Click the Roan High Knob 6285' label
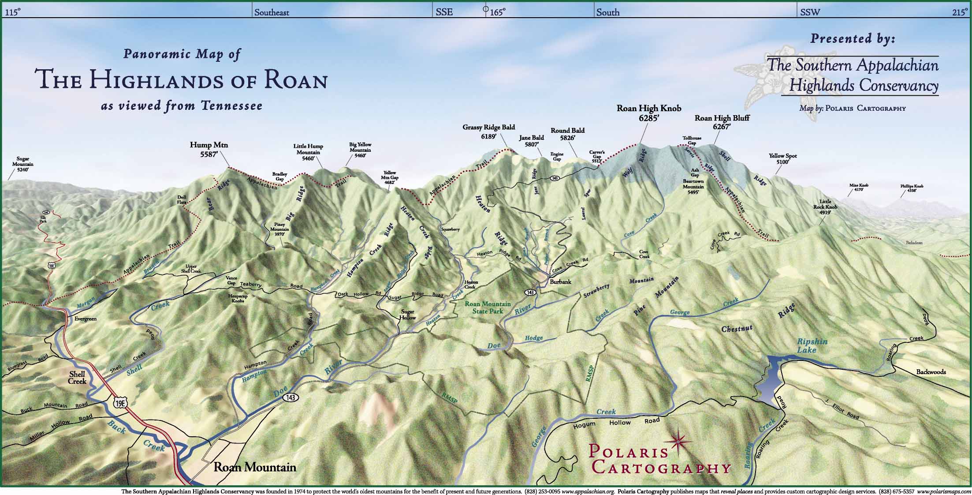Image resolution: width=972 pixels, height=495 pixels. tap(648, 113)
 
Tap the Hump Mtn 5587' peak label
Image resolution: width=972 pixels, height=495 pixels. tap(209, 149)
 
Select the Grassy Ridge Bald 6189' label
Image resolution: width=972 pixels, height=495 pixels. tap(488, 132)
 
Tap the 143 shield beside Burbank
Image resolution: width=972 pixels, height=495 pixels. tap(530, 292)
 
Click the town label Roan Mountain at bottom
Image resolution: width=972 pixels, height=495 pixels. tap(255, 467)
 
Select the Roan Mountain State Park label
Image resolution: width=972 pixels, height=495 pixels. tap(488, 307)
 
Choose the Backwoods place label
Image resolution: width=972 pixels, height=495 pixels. tap(931, 371)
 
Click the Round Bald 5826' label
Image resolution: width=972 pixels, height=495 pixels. tap(567, 134)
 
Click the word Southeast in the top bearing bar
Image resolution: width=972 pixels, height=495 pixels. tap(272, 12)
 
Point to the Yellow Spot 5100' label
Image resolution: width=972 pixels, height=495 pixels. tap(783, 159)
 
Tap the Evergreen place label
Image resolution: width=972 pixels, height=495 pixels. tap(86, 319)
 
